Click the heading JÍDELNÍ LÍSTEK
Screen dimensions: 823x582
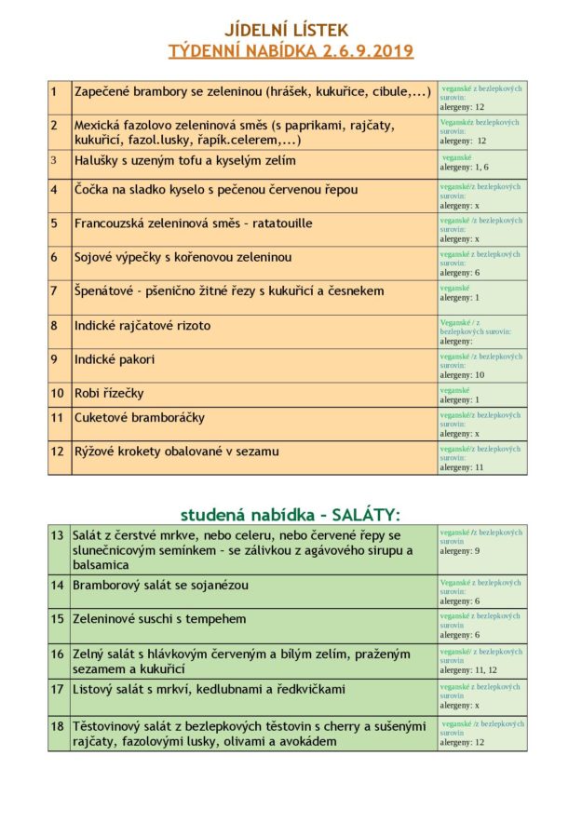pos(291,31)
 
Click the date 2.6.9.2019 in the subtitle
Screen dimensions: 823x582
pos(366,51)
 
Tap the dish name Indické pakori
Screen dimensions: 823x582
pos(115,359)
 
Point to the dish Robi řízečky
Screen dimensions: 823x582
pos(109,393)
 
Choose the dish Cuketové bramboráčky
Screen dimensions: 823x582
pos(140,418)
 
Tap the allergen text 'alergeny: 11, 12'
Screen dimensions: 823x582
pos(467,669)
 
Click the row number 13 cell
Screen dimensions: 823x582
pos(58,535)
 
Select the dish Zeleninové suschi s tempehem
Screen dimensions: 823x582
pos(160,618)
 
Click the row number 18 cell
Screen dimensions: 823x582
pos(58,726)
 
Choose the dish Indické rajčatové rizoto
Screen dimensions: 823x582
pos(142,326)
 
